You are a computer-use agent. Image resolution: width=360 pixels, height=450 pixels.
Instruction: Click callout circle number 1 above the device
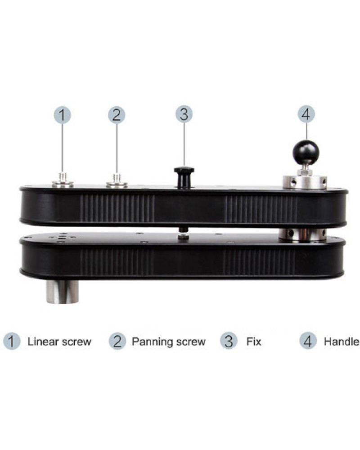(62, 115)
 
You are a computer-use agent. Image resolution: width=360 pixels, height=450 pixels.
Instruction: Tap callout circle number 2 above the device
(117, 115)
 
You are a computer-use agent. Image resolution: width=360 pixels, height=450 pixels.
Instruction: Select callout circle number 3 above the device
(184, 114)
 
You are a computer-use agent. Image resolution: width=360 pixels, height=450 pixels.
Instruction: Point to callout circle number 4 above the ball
(306, 114)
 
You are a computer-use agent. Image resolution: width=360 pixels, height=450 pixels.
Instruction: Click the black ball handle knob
(306, 153)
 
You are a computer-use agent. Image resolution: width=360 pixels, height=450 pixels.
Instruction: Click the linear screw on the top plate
(62, 181)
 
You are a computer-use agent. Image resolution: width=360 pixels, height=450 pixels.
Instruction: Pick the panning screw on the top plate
(117, 181)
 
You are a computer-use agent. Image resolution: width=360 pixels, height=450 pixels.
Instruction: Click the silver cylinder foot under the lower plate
(62, 292)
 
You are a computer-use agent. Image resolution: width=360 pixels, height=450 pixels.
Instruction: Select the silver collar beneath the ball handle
(305, 182)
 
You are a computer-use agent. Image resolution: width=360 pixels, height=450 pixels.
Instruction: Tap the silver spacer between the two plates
(302, 234)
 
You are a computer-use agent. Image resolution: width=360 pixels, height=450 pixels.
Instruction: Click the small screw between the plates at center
(182, 233)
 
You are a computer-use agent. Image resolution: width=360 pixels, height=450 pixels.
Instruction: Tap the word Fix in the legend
(254, 342)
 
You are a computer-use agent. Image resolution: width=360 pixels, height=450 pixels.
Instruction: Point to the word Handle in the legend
(342, 342)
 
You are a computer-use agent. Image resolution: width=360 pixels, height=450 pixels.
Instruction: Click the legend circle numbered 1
(12, 341)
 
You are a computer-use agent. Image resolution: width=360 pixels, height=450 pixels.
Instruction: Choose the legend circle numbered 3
(229, 341)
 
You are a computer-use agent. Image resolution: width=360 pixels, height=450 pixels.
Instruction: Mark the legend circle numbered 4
(308, 341)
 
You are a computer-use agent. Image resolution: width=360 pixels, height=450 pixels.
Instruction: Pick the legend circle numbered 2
(117, 341)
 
